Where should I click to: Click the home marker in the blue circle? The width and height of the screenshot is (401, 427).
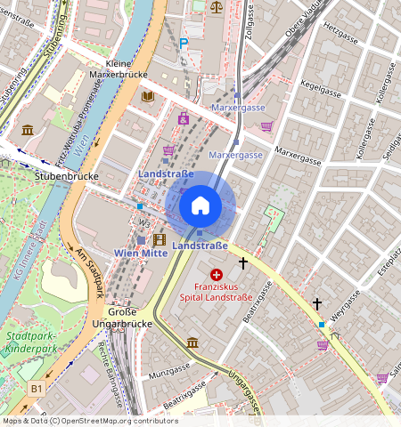(200, 205)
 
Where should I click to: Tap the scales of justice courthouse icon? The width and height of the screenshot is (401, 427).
(217, 6)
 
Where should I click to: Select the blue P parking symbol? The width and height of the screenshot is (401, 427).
(184, 43)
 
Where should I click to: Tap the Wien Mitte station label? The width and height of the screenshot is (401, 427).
(143, 254)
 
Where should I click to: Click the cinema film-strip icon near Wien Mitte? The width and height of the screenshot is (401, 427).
(159, 239)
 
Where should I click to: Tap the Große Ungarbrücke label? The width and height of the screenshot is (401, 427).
(122, 318)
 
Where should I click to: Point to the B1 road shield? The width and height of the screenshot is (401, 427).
(37, 389)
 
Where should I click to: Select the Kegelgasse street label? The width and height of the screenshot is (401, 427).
(323, 90)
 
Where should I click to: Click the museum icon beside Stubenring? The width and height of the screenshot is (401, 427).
(28, 130)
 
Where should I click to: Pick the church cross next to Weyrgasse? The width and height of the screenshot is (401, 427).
(316, 304)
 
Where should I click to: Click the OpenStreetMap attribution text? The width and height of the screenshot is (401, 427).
(89, 421)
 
